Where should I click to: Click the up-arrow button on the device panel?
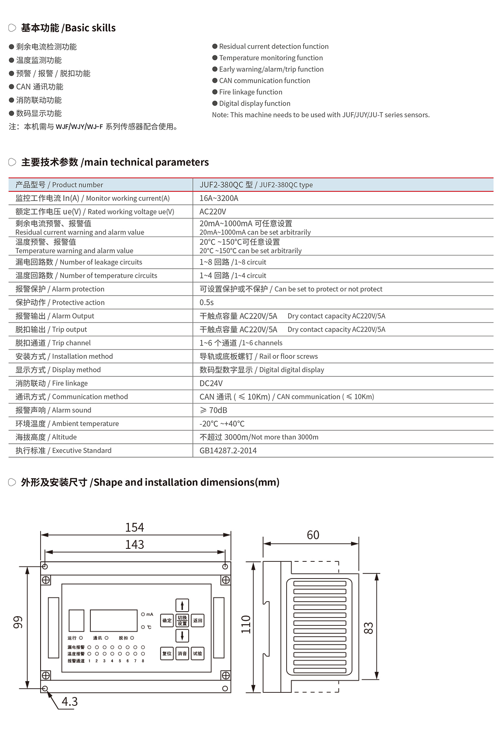pyautogui.click(x=182, y=605)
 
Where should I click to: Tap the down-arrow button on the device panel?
pyautogui.click(x=182, y=636)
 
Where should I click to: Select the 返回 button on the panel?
pyautogui.click(x=197, y=621)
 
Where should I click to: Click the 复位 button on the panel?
pyautogui.click(x=167, y=653)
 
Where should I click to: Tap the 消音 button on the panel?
pyautogui.click(x=182, y=653)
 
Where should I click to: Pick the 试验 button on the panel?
pyautogui.click(x=197, y=653)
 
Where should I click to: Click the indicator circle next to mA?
pyautogui.click(x=143, y=614)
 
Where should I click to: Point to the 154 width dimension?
pyautogui.click(x=135, y=527)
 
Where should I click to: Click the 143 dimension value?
pyautogui.click(x=135, y=545)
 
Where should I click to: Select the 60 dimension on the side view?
pyautogui.click(x=313, y=535)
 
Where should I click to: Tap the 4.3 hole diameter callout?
pyautogui.click(x=70, y=702)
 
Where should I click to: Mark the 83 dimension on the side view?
pyautogui.click(x=369, y=628)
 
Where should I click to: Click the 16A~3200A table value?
pyautogui.click(x=219, y=198)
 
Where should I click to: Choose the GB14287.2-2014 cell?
pyautogui.click(x=228, y=451)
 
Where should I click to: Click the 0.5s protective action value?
pyautogui.click(x=207, y=303)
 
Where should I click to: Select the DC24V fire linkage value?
pyautogui.click(x=211, y=383)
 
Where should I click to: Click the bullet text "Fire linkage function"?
pyautogui.click(x=251, y=92)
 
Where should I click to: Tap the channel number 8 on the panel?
pyautogui.click(x=143, y=661)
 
